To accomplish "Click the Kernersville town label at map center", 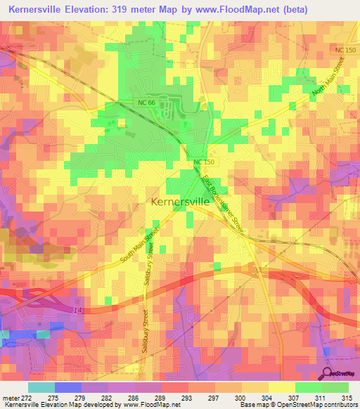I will coord(180,200).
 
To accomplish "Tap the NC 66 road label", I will coord(145,103).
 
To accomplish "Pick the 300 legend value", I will coord(241,398).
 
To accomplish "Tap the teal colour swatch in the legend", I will coord(41,387).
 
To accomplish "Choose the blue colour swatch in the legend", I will coord(68,387).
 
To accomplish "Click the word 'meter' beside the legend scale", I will coord(10,398).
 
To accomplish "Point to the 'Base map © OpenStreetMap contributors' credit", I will coord(298,405).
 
